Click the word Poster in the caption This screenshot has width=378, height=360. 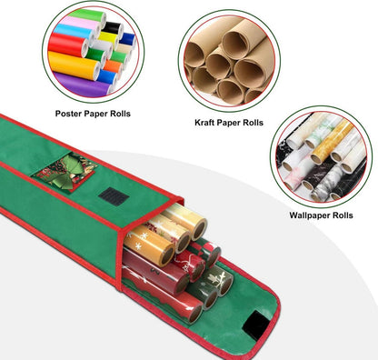pyautogui.click(x=68, y=114)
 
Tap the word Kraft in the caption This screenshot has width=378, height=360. pyautogui.click(x=204, y=123)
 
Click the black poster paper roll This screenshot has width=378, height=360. pyautogui.click(x=113, y=29)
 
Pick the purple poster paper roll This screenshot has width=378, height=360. pyautogui.click(x=82, y=85)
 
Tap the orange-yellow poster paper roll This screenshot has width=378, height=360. pyautogui.click(x=75, y=65)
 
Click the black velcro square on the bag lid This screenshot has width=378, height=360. pyautogui.click(x=114, y=196)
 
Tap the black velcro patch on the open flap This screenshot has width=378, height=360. pyautogui.click(x=255, y=325)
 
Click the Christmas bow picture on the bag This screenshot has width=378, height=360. pyautogui.click(x=66, y=172)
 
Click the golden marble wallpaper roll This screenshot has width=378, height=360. pyautogui.click(x=332, y=142)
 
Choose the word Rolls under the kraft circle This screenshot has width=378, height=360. pyautogui.click(x=253, y=123)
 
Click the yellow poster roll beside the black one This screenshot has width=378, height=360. pyautogui.click(x=108, y=37)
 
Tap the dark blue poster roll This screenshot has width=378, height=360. pyautogui.click(x=127, y=39)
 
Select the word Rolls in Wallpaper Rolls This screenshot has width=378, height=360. pyautogui.click(x=343, y=215)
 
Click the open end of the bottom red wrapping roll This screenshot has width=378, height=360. pyautogui.click(x=195, y=314)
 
